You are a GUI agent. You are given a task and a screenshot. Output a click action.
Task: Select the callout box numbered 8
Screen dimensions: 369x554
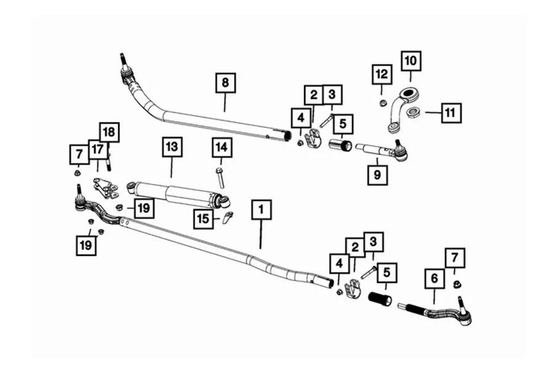coord(225,82)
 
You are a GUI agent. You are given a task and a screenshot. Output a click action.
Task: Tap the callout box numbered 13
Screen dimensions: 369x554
coord(171,147)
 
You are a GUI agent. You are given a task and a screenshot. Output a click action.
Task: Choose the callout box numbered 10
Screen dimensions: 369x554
coord(411,61)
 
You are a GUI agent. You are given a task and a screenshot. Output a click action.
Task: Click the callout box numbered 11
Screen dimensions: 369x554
coord(451,113)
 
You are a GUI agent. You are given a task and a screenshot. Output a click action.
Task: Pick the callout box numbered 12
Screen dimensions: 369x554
coord(382,74)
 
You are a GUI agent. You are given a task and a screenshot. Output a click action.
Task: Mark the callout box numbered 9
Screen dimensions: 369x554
coord(377,175)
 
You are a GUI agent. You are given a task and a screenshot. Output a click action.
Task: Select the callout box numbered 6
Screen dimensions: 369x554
coord(435,279)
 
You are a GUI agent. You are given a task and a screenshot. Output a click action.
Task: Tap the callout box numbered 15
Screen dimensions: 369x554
coord(203,218)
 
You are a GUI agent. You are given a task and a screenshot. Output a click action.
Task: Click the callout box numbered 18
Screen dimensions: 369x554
coord(109,132)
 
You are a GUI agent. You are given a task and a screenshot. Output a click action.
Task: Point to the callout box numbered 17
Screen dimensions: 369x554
coord(97,148)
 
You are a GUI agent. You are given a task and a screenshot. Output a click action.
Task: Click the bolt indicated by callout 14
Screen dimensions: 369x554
coord(220,177)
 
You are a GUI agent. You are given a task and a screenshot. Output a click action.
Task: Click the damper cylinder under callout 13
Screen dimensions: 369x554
coord(179,192)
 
